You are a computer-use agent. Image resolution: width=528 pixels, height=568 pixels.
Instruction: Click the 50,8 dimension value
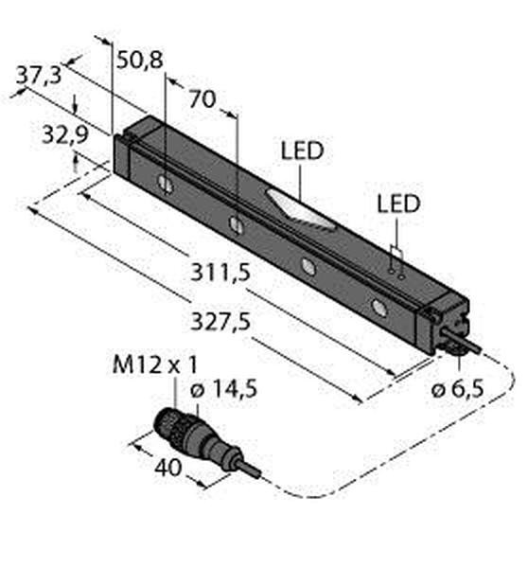pyautogui.click(x=139, y=60)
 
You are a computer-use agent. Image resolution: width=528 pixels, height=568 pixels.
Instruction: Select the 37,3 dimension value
pyautogui.click(x=39, y=76)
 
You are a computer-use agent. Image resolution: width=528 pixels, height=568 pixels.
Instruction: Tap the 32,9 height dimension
pyautogui.click(x=65, y=134)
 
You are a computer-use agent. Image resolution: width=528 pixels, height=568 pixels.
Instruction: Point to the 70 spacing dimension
pyautogui.click(x=202, y=98)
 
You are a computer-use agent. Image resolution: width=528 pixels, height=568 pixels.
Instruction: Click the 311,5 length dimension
pyautogui.click(x=220, y=273)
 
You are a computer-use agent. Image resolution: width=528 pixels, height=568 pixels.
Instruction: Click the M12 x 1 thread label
pyautogui.click(x=155, y=364)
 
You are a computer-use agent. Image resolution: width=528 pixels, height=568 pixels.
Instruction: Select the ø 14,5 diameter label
pyautogui.click(x=223, y=389)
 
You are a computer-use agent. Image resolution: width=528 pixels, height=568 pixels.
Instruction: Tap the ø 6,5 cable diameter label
pyautogui.click(x=458, y=389)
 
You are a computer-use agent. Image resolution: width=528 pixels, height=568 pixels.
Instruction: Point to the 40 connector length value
pyautogui.click(x=167, y=468)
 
